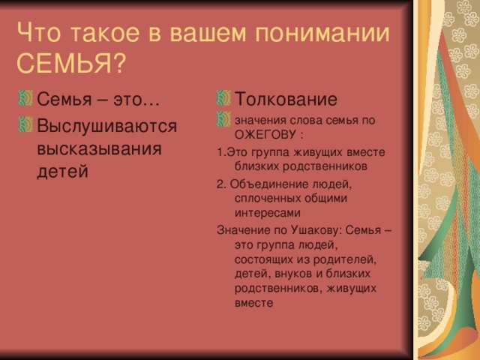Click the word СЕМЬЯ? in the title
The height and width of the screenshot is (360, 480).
(71, 63)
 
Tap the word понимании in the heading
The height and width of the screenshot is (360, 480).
(322, 32)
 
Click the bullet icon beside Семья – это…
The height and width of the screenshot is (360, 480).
(25, 98)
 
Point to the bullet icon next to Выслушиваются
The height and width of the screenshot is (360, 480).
(25, 124)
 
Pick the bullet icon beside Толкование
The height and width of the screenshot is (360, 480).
(223, 98)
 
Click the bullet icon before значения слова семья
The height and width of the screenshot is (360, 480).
(223, 119)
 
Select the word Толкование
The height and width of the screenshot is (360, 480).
(286, 99)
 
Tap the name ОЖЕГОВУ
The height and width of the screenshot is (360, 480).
(265, 135)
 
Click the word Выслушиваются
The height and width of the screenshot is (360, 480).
(106, 126)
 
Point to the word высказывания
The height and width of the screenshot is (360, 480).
(99, 148)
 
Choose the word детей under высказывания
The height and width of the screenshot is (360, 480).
(62, 172)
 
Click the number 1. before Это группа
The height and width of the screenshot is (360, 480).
(222, 152)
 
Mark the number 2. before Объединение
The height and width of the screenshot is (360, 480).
(221, 184)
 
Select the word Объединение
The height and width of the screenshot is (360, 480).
(269, 184)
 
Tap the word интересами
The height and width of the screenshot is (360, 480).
(267, 213)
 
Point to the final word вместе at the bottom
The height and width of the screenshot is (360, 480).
(253, 303)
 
